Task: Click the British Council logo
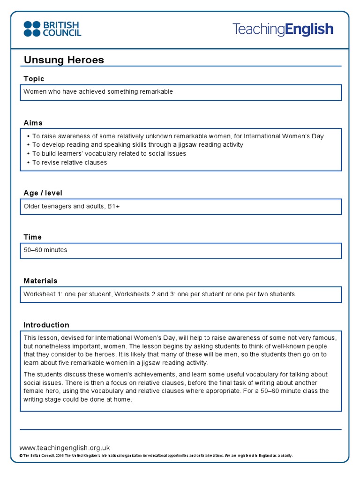[x=52, y=29]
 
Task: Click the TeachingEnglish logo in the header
[x=283, y=30]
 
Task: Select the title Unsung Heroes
[x=64, y=60]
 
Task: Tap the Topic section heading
[x=34, y=79]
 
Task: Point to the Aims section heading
[x=33, y=123]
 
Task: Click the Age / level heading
[x=43, y=193]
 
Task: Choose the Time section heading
[x=32, y=237]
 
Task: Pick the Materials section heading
[x=40, y=281]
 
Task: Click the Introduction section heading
[x=46, y=325]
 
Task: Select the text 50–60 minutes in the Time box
[x=45, y=250]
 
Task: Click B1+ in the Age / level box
[x=113, y=207]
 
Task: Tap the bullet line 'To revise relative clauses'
[x=69, y=163]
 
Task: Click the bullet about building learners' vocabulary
[x=109, y=154]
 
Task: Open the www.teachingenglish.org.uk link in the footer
[x=64, y=448]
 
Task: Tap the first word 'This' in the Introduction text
[x=30, y=337]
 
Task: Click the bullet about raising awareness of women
[x=178, y=136]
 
